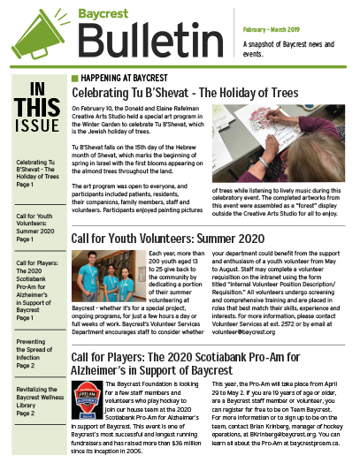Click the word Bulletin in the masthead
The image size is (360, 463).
point(137,40)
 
